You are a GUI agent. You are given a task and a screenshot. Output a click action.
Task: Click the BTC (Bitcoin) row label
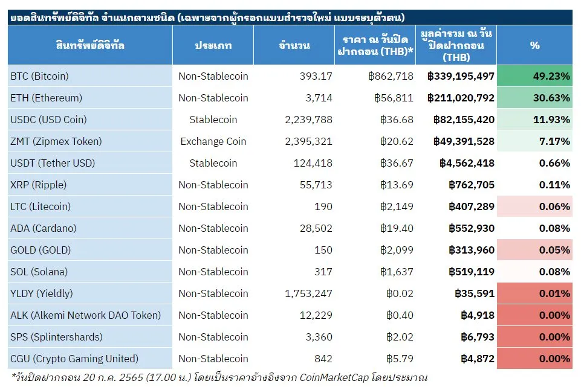point(40,76)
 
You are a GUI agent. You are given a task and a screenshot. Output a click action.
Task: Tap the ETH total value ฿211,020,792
point(461,98)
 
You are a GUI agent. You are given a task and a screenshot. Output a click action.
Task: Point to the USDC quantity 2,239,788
point(308,120)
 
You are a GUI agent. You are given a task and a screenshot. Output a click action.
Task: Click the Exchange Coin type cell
point(213,141)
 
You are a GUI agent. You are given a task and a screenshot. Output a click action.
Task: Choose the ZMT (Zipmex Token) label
point(56,141)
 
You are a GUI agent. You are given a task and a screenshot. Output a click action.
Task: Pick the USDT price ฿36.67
point(397,163)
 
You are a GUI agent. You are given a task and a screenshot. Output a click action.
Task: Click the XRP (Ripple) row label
point(39,185)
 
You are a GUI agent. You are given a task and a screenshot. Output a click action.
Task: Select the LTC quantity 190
point(323,206)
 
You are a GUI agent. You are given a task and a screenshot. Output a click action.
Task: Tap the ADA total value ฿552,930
point(472,228)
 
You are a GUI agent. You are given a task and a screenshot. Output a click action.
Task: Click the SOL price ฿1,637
point(397,272)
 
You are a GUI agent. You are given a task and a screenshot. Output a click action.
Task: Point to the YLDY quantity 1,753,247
point(308,294)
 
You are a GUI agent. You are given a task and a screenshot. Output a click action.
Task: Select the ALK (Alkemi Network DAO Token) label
point(86,315)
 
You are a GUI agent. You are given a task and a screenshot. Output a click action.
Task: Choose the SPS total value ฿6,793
point(478,337)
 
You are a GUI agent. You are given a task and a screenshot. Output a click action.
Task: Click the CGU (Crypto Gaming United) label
point(74,359)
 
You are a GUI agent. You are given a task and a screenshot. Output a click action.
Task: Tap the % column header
point(534,45)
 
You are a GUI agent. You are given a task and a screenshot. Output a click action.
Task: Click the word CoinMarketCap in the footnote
point(334,377)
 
